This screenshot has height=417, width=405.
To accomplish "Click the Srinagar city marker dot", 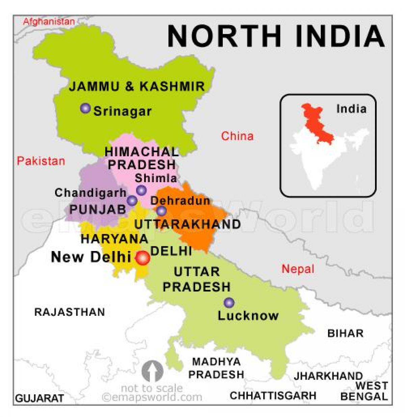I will (x=85, y=108).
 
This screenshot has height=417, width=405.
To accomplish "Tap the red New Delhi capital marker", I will (x=142, y=258).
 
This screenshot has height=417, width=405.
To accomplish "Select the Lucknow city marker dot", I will (x=229, y=303).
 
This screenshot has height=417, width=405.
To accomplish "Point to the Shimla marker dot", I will (x=141, y=190).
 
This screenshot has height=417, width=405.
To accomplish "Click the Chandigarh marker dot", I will (x=132, y=201).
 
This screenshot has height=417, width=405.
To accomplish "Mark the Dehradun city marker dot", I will (x=162, y=211).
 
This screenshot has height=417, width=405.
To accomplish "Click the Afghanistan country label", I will (x=49, y=22).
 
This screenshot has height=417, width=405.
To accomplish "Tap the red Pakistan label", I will (x=41, y=161).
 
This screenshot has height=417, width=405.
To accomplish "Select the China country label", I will (x=237, y=136).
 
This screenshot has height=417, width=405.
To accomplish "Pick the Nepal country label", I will (x=298, y=269).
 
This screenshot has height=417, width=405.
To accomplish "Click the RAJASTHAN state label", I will (x=70, y=312).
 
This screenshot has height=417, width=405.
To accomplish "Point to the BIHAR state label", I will (x=345, y=333).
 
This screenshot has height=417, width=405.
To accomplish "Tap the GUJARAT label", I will (x=39, y=398).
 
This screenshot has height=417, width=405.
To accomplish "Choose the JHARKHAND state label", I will (x=328, y=376).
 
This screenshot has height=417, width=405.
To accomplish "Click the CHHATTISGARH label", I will (x=273, y=395).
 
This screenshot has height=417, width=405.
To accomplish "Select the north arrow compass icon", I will (x=152, y=371).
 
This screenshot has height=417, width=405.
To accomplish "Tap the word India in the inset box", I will (x=351, y=109).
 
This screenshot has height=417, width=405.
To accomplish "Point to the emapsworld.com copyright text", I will (x=152, y=397).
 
